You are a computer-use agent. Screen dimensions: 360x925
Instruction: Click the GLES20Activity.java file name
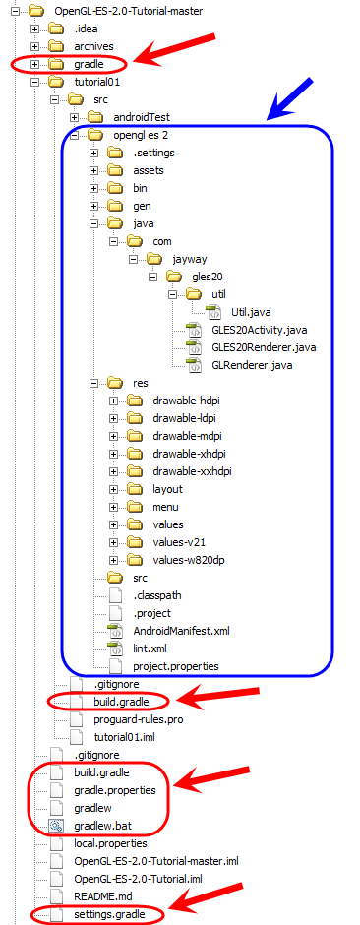(259, 330)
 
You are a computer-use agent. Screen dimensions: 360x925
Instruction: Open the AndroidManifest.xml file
(181, 631)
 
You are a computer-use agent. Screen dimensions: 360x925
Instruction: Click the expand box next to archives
(35, 46)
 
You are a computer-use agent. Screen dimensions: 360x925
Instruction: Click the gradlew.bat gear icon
(57, 826)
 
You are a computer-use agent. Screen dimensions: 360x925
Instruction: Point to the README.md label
(100, 897)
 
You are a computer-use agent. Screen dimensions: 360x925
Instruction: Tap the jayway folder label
(190, 259)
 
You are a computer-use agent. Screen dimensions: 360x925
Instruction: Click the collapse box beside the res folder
(94, 383)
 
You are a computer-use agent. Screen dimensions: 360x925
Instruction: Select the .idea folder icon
(56, 28)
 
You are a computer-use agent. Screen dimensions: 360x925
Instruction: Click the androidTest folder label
(141, 117)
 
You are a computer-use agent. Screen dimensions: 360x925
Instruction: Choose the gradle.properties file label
(115, 790)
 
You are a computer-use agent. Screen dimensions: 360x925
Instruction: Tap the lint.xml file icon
(114, 648)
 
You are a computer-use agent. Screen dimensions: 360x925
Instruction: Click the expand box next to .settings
(94, 153)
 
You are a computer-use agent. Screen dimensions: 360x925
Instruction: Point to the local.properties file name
(110, 843)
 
